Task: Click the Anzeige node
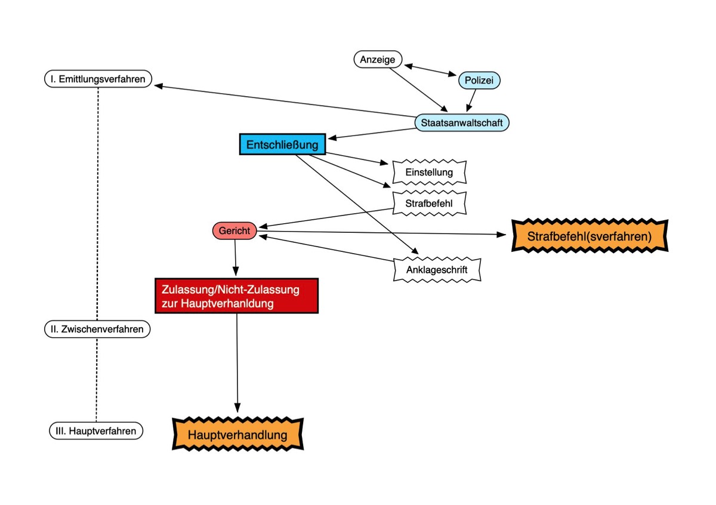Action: click(x=378, y=59)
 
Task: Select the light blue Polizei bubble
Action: click(x=479, y=80)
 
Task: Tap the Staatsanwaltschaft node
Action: click(x=462, y=122)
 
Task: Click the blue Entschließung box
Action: click(x=283, y=144)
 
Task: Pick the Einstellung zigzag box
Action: click(x=429, y=172)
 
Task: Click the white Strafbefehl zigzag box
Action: click(x=429, y=203)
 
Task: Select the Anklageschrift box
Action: click(x=437, y=270)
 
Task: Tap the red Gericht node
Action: click(x=234, y=230)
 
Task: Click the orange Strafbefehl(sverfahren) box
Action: click(x=590, y=236)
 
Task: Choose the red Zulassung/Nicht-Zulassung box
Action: click(x=236, y=296)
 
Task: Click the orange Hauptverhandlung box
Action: click(x=237, y=435)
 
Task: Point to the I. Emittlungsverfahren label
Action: click(x=98, y=79)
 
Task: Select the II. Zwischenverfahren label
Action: click(x=97, y=329)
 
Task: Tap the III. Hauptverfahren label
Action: click(x=96, y=431)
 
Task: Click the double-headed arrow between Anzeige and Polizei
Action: click(x=430, y=70)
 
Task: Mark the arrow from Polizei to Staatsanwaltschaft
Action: click(x=471, y=100)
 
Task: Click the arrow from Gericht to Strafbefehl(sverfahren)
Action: click(x=382, y=233)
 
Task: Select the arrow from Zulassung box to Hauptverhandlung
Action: click(x=237, y=363)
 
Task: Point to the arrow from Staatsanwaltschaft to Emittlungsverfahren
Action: click(x=285, y=101)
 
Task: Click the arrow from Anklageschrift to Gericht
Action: click(x=326, y=248)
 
